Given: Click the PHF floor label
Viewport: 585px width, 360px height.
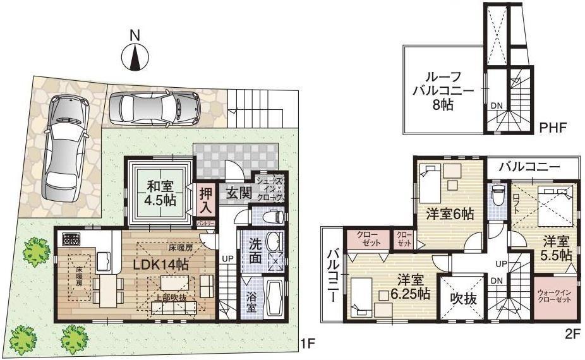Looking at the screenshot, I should point(553,129).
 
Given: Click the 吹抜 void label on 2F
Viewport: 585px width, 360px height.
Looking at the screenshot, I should point(462,297).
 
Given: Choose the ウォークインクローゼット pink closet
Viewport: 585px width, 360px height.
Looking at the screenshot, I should point(554,296).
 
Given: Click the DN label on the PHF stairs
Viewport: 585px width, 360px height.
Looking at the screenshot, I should point(497,106).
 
